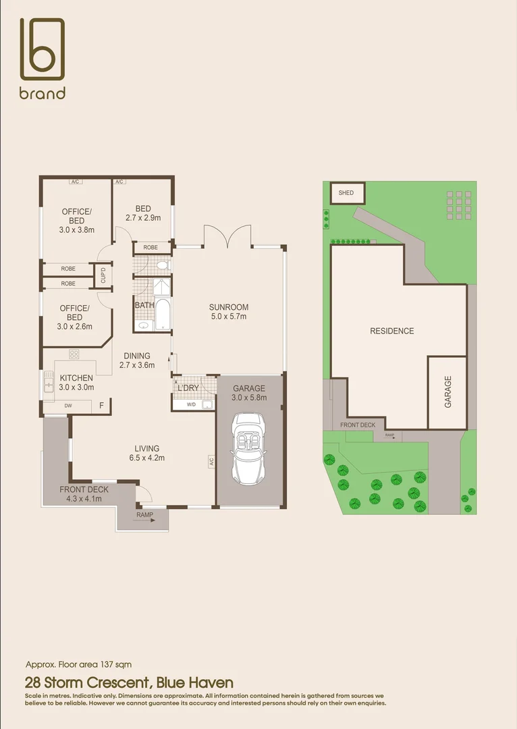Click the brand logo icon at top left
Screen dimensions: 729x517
[x=42, y=49]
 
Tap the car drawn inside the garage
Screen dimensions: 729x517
[x=249, y=448]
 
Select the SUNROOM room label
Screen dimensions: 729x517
[x=229, y=307]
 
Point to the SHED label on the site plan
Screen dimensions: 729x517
[x=346, y=193]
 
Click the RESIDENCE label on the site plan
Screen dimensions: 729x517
[x=392, y=331]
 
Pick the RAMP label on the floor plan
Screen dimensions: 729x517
[x=144, y=516]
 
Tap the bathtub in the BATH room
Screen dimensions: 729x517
[x=164, y=315]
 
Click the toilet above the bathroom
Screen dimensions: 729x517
[x=161, y=265]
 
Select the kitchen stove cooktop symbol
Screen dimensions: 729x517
[x=74, y=354]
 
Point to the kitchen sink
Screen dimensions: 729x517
[x=49, y=383]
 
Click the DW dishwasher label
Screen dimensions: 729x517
[x=68, y=406]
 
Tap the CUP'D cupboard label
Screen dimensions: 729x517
[x=103, y=276]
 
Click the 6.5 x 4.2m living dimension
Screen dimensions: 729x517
[x=147, y=458]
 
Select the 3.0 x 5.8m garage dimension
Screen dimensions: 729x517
[x=250, y=398]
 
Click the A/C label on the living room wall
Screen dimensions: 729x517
[x=211, y=462]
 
